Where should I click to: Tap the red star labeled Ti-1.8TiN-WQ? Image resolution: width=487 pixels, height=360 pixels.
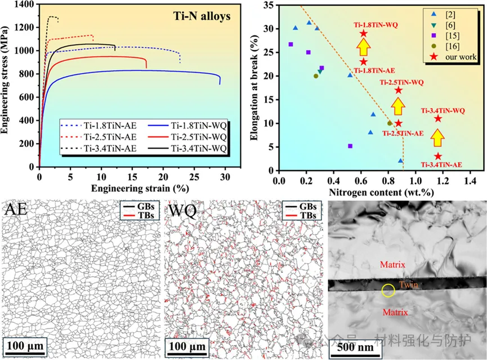click(x=364, y=33)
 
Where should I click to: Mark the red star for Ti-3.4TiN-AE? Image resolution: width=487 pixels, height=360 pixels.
click(x=437, y=156)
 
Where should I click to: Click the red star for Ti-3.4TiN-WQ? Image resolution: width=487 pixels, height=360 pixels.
click(x=437, y=118)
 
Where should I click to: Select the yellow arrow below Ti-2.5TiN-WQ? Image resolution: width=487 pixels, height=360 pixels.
click(x=398, y=106)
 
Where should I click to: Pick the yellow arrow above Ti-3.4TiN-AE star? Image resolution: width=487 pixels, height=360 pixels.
click(x=437, y=137)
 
